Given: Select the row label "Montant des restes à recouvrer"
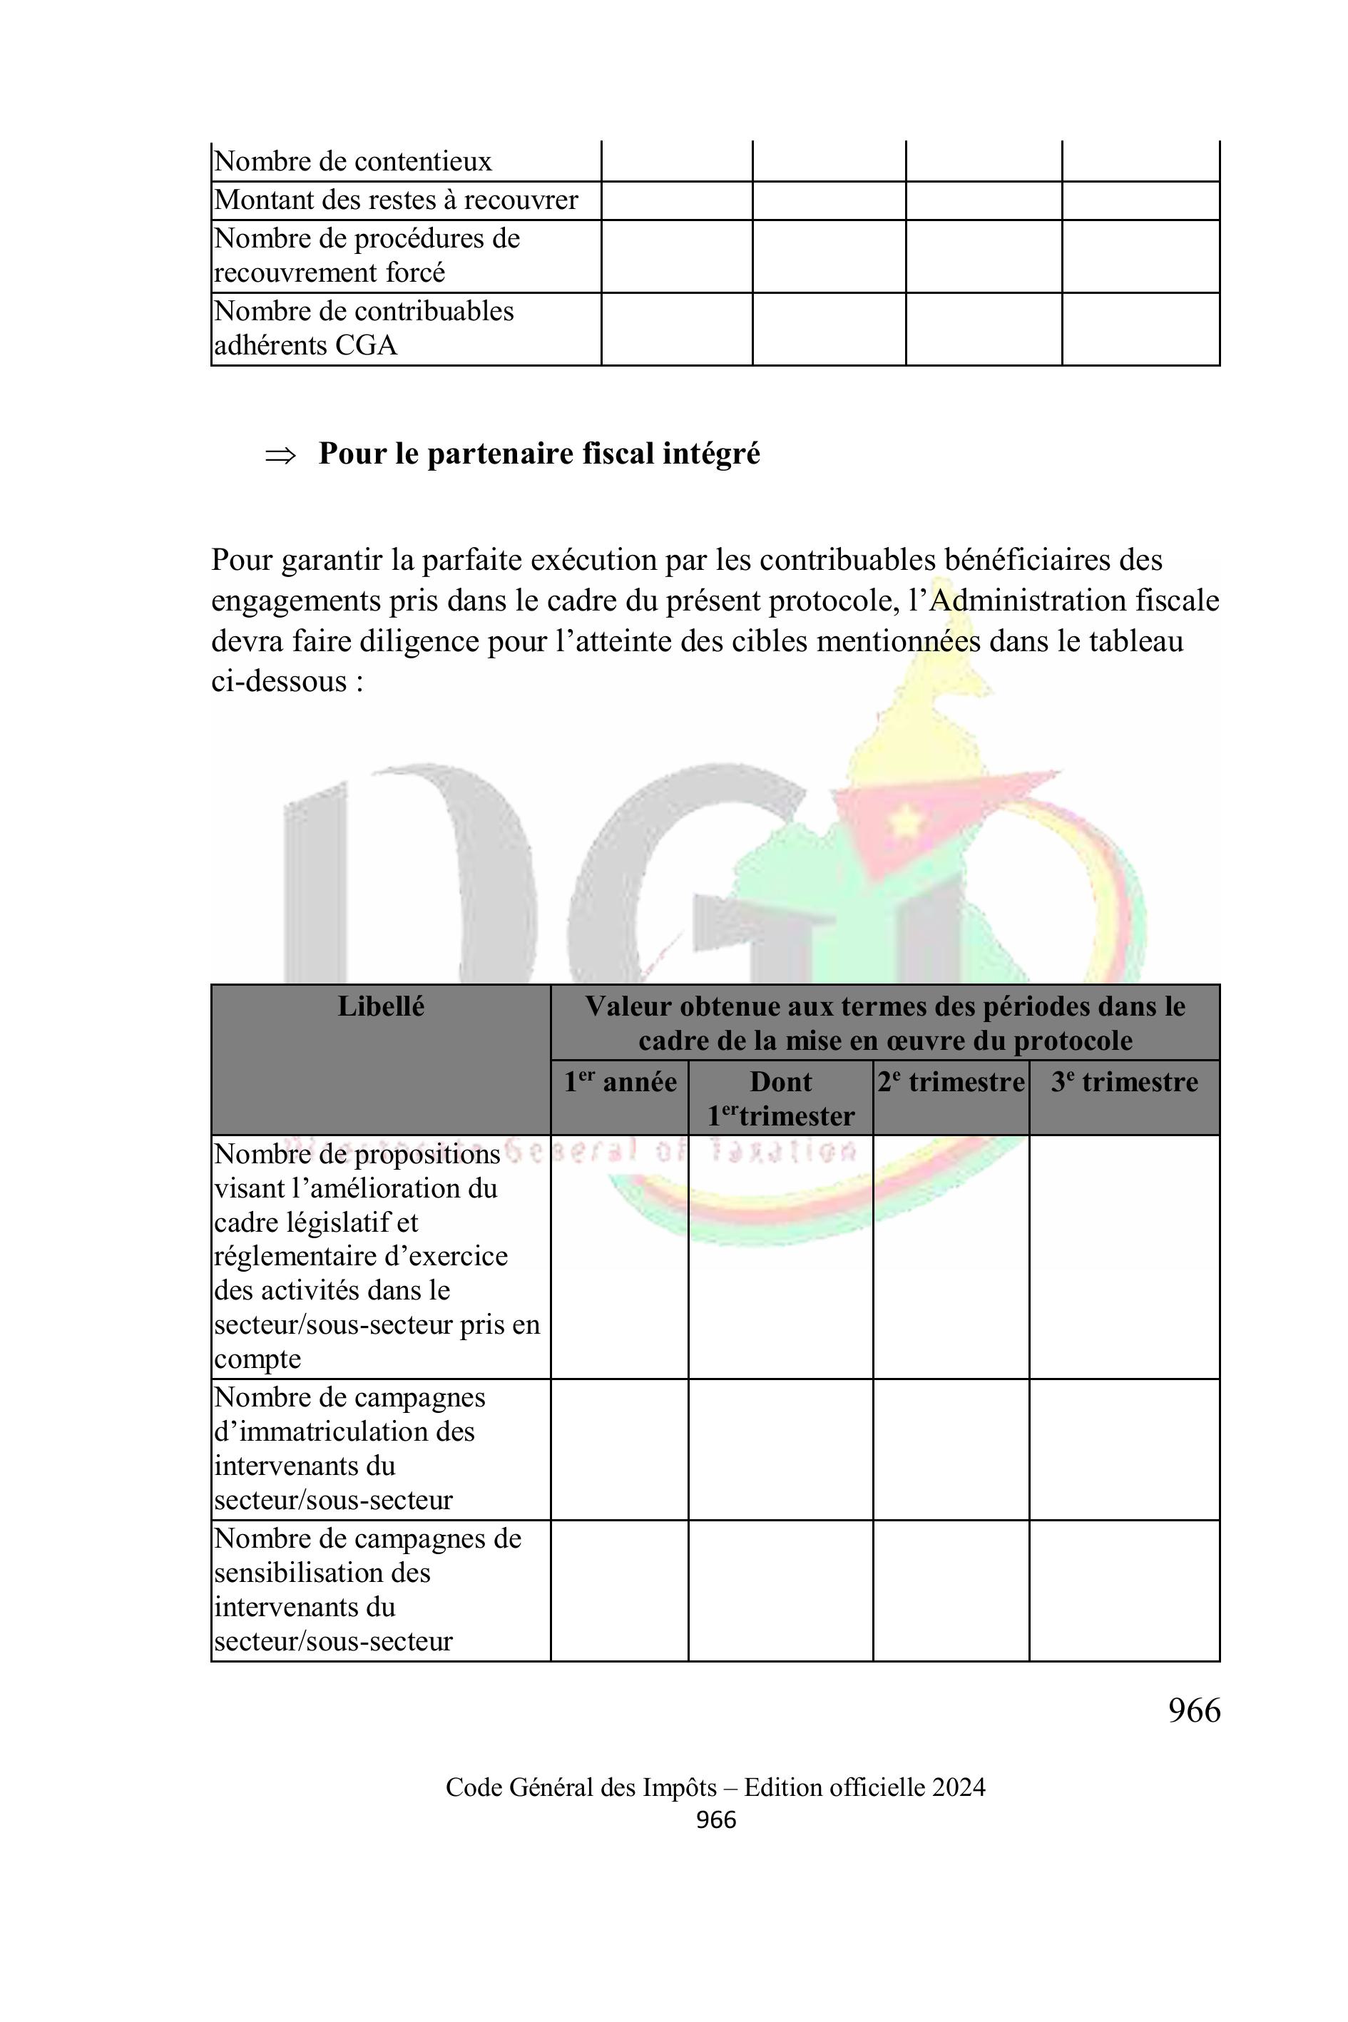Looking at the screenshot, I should click(x=395, y=200).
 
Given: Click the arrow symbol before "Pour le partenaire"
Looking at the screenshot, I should click(x=280, y=455).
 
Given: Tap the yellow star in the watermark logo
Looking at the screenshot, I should click(x=903, y=822).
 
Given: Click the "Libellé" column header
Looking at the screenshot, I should click(x=381, y=1006).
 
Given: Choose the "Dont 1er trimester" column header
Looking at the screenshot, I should click(x=780, y=1098).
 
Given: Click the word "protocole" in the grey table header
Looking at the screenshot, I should click(x=1073, y=1042).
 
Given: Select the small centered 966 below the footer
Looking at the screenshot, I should click(x=715, y=1820).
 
